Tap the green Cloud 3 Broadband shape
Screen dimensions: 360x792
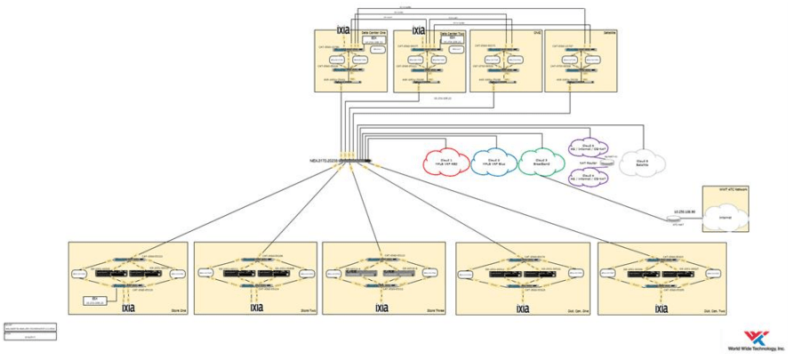(x=540, y=161)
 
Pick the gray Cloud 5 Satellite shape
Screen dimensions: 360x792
(x=642, y=162)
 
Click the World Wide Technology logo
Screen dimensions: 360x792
(x=756, y=340)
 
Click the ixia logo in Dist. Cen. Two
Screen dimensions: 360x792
(x=660, y=309)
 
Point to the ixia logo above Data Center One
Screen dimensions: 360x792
(x=343, y=29)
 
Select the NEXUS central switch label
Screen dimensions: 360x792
(x=326, y=162)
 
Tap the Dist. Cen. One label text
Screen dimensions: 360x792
(x=571, y=309)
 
